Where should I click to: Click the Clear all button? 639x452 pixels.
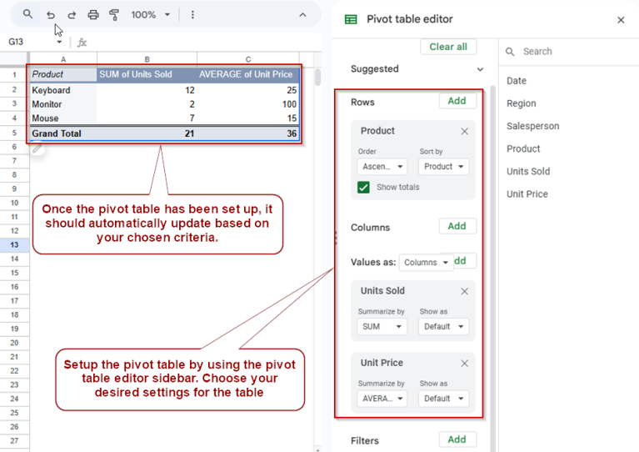(x=448, y=47)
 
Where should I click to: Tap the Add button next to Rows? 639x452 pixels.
(x=457, y=101)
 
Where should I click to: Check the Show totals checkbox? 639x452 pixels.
(x=364, y=188)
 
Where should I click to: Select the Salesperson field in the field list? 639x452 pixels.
(x=532, y=126)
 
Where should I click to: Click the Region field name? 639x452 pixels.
(x=521, y=103)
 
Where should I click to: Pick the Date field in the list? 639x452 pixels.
(x=517, y=81)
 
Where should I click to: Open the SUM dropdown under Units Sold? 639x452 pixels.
(x=382, y=327)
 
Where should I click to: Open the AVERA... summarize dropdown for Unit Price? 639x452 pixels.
(x=382, y=399)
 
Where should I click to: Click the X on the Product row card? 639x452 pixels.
(x=464, y=131)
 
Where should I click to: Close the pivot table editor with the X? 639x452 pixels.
(x=621, y=20)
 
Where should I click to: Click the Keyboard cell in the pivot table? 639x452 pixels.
(x=51, y=90)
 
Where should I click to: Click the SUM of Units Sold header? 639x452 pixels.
(x=136, y=74)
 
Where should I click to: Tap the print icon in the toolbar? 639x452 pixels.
(x=93, y=15)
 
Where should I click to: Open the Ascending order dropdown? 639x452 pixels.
(x=382, y=167)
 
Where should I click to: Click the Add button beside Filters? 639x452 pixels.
(x=457, y=439)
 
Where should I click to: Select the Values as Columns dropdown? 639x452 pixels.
(x=426, y=262)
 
